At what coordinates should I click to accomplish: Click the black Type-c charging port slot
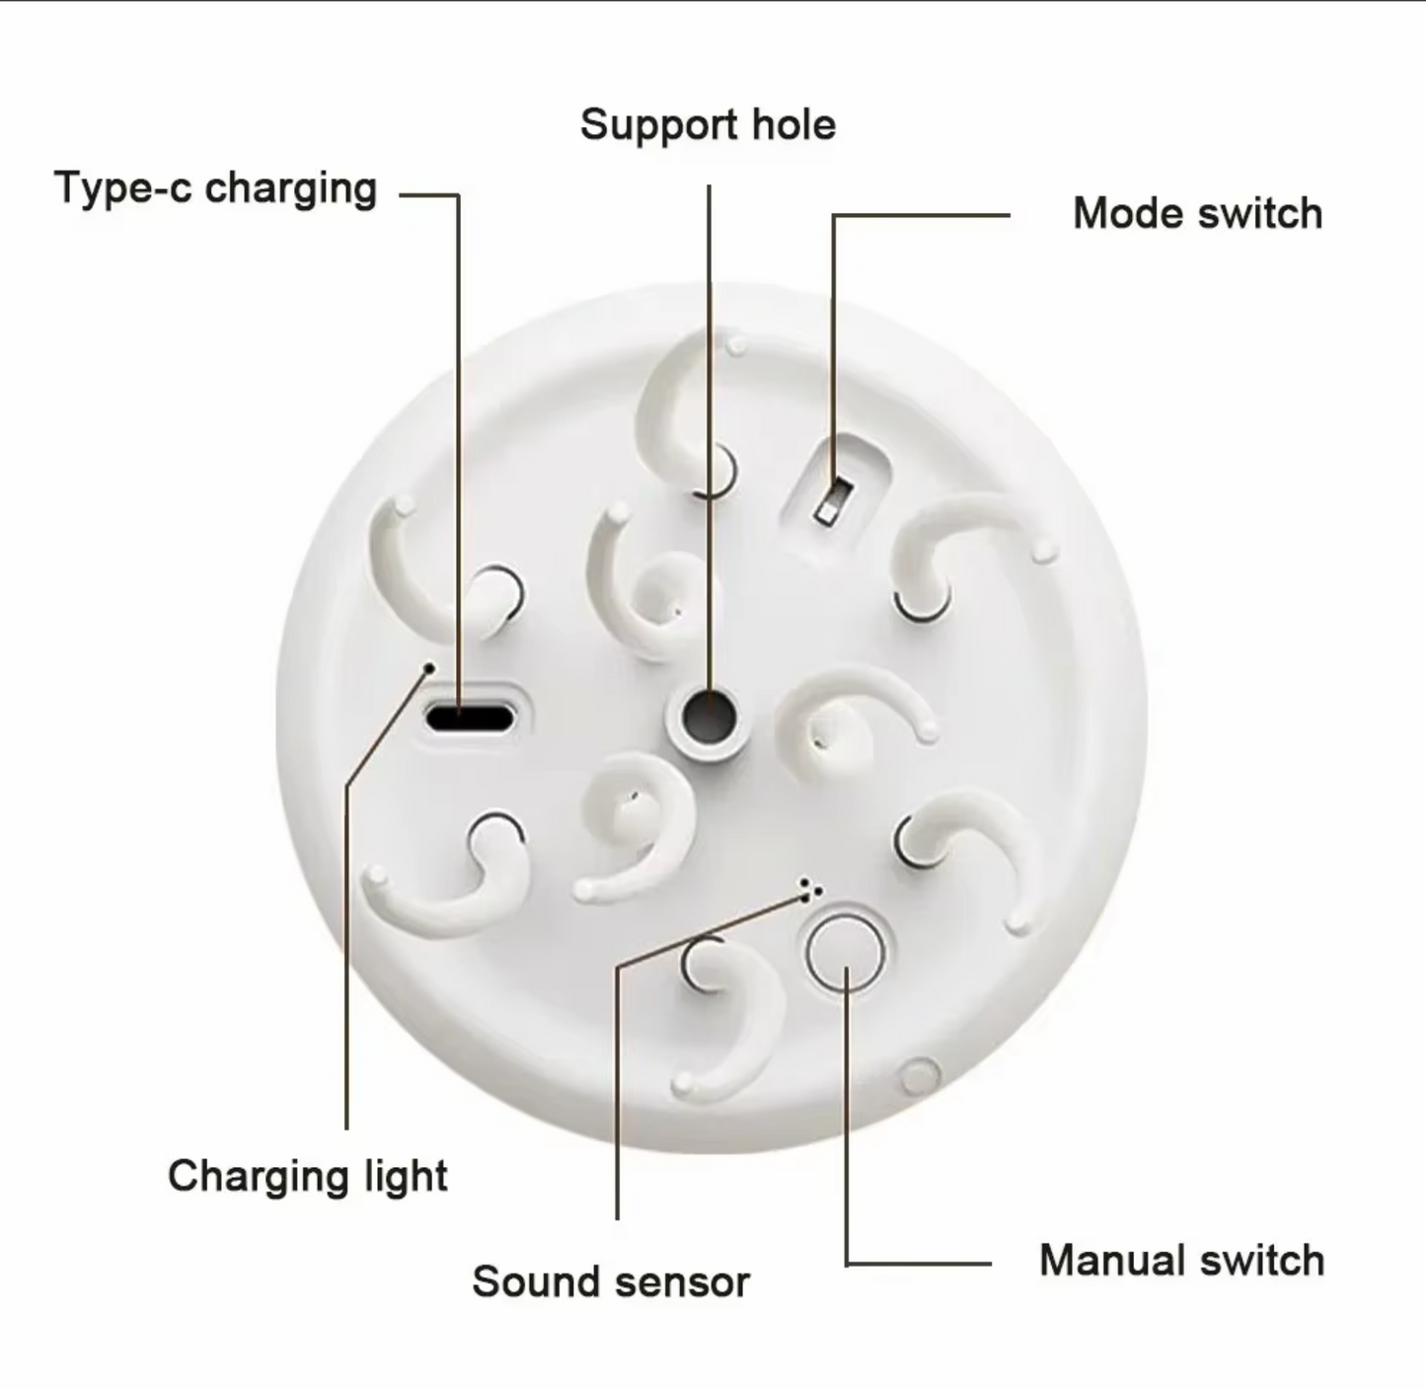(x=470, y=716)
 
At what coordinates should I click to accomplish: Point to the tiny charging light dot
(x=430, y=668)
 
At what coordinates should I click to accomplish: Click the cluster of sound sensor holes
(x=810, y=890)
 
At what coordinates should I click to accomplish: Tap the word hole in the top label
(x=793, y=124)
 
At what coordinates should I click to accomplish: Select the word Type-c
(x=123, y=187)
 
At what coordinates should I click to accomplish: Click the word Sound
(x=537, y=1282)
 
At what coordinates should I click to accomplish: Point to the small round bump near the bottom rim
(x=919, y=1076)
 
